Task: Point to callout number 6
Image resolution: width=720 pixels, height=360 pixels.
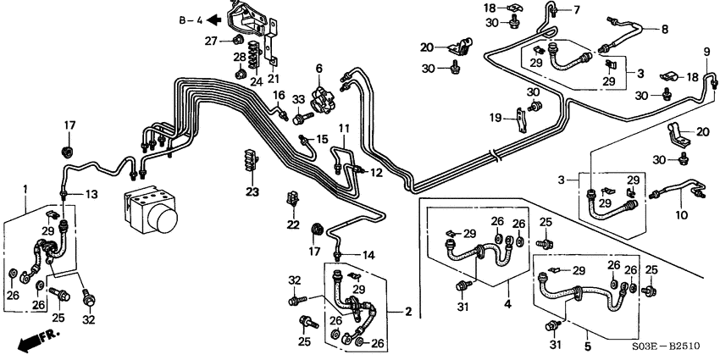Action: [320, 69]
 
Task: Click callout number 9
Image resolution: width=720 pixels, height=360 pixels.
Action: [706, 54]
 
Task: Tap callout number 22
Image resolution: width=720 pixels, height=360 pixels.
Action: [293, 224]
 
